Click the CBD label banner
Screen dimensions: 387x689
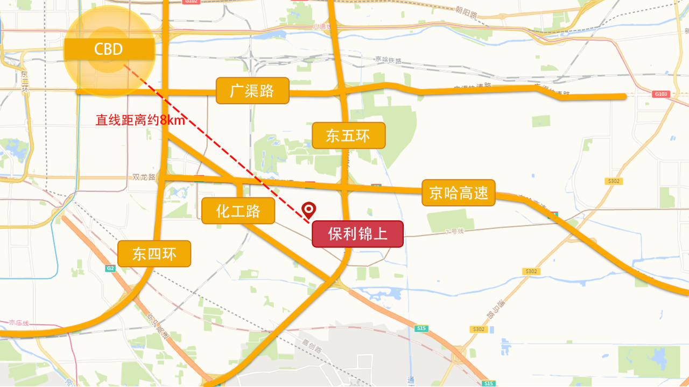coord(109,49)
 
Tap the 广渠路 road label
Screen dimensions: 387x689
coord(252,91)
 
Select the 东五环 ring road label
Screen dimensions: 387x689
coord(348,135)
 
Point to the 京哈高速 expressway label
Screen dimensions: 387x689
coord(458,192)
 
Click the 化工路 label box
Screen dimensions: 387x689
coord(238,211)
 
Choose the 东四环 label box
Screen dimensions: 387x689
coord(154,254)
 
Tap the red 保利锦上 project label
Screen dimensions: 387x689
coord(357,234)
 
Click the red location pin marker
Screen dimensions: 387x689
coord(309,210)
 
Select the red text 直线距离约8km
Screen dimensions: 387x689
coord(140,120)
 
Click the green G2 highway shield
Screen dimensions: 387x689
coord(110,268)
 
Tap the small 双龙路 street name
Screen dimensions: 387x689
coord(144,177)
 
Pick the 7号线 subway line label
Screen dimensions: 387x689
coord(454,232)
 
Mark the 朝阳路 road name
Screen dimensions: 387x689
coord(466,11)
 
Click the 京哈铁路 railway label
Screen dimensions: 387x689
coord(388,60)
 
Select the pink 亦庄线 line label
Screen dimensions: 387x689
coord(18,323)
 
